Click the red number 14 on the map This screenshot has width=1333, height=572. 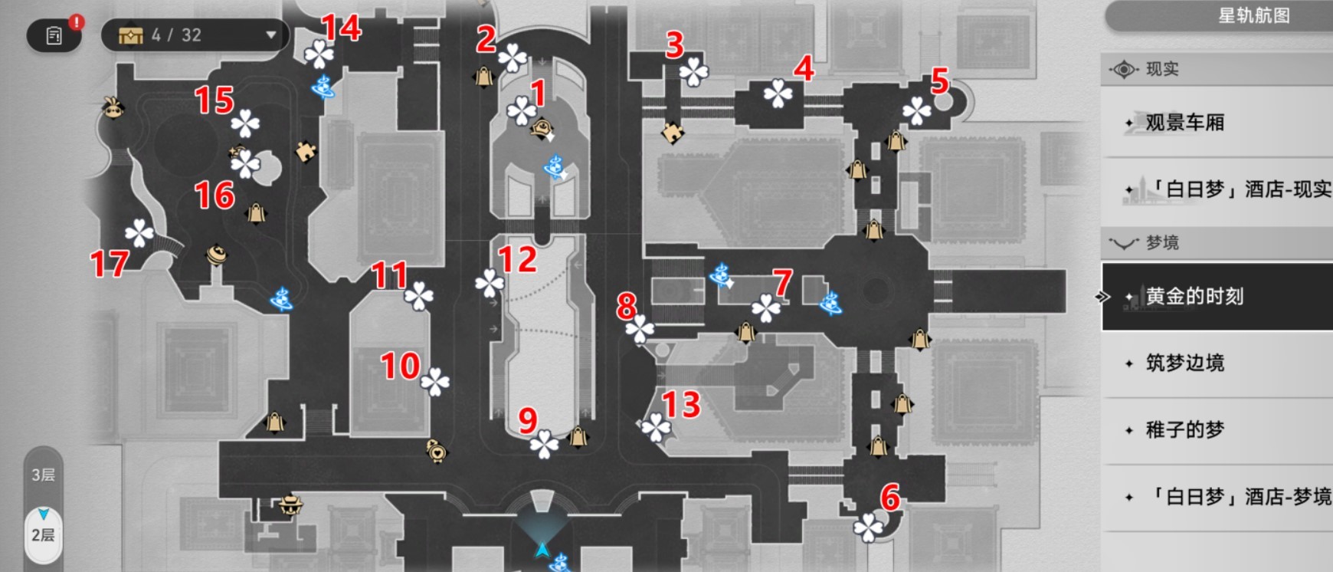click(341, 28)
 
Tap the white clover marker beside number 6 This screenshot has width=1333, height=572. click(868, 527)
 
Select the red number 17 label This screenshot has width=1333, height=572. click(109, 264)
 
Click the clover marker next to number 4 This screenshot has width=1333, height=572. click(778, 94)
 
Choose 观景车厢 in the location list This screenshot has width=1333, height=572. click(1184, 123)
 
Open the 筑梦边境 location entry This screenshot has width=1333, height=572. click(1184, 363)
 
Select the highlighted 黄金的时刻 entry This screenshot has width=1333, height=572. click(1194, 297)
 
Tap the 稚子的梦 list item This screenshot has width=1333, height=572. click(1184, 429)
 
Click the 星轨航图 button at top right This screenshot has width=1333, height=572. click(1253, 15)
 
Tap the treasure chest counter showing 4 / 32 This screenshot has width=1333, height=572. click(195, 35)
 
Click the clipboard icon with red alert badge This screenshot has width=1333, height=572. click(54, 35)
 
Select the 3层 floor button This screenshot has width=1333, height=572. click(43, 475)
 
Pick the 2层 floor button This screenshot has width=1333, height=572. click(43, 534)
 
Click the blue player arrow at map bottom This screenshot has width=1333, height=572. click(542, 549)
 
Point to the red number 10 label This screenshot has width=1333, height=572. click(401, 366)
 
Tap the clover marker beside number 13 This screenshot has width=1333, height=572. click(656, 428)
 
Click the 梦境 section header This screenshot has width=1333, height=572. click(1161, 243)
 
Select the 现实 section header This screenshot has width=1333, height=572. click(1161, 69)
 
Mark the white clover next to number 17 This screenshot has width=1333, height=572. click(139, 233)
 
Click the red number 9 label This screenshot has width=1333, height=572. click(528, 419)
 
